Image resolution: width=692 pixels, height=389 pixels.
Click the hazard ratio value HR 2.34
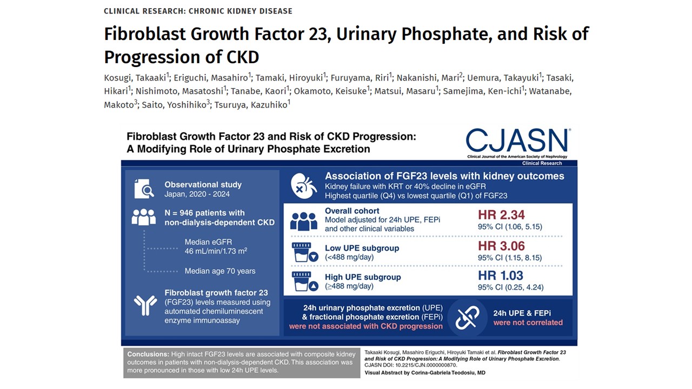[x=501, y=215]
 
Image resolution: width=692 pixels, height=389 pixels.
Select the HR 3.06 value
[x=501, y=246]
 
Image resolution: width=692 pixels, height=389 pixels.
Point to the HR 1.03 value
[x=501, y=276]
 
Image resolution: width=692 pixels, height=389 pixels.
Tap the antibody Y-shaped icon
[x=145, y=306]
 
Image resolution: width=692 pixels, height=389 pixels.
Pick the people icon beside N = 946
[x=144, y=217]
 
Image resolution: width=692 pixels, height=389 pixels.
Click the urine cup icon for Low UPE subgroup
[x=303, y=252]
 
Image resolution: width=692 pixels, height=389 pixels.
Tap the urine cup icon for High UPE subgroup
[x=303, y=281]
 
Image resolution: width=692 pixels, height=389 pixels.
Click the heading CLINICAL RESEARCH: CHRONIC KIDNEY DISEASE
[x=198, y=11]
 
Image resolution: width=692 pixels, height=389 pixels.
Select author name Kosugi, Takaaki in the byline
[x=135, y=77]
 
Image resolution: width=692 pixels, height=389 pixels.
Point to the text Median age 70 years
[x=220, y=271]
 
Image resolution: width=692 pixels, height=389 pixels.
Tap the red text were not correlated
[x=528, y=323]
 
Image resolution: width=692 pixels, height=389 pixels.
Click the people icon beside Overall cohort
[x=303, y=221]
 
